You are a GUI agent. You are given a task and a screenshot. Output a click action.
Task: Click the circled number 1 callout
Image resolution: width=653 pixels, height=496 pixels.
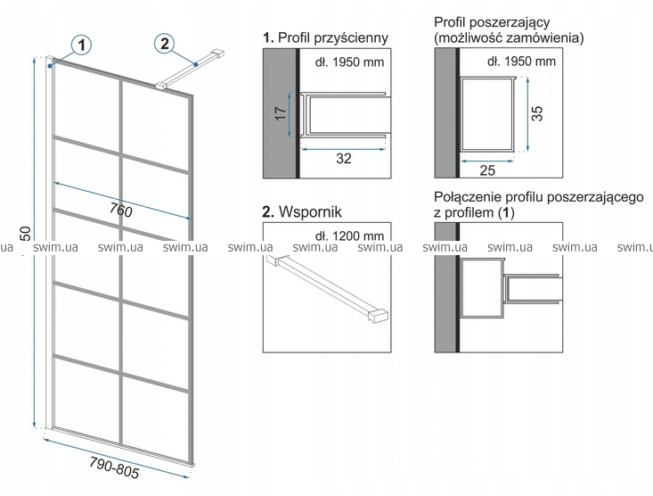pos(81,44)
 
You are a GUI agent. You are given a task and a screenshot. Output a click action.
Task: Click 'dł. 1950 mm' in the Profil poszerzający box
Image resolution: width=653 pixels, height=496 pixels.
pos(522,62)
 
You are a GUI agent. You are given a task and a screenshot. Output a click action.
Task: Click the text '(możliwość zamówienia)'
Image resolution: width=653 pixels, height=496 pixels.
pos(509,38)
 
